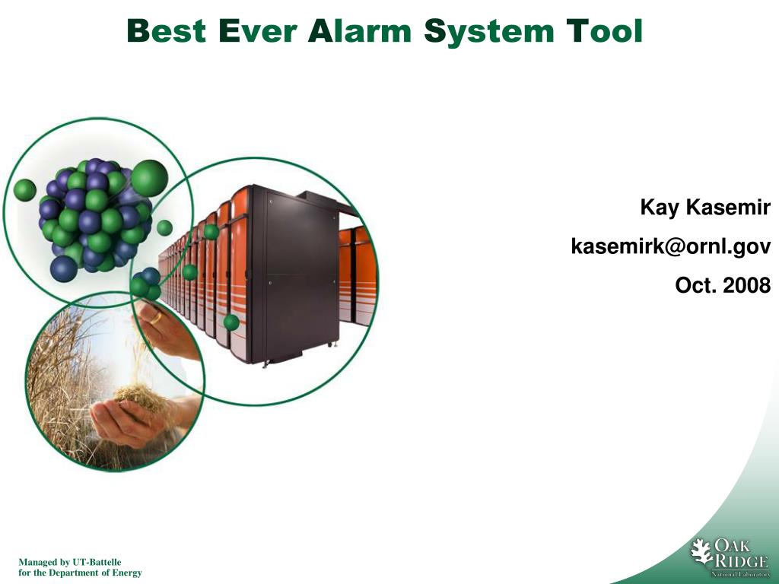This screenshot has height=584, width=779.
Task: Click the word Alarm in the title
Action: (x=360, y=30)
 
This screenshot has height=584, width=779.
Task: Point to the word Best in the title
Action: (x=167, y=30)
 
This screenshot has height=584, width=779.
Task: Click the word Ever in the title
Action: (x=257, y=30)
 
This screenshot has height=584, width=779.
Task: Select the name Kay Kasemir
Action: (x=705, y=207)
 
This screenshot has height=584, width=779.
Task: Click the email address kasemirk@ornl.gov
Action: (x=671, y=246)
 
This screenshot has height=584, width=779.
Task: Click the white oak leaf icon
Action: (x=701, y=551)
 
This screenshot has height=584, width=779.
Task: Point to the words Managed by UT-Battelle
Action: (x=70, y=562)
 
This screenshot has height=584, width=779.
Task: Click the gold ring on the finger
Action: (x=156, y=317)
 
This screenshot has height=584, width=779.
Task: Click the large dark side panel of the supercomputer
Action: (x=300, y=272)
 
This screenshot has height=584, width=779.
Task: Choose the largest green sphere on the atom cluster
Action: (x=149, y=178)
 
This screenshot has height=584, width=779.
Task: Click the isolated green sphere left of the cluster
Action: (x=25, y=190)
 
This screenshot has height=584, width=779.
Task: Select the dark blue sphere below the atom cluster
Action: (x=64, y=268)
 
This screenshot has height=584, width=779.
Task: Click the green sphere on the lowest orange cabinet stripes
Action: (x=231, y=322)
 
